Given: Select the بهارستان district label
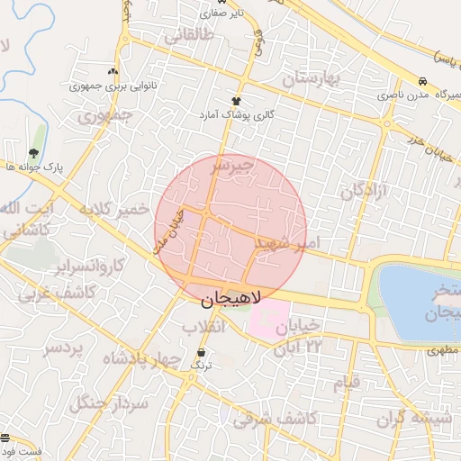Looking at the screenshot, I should click(x=313, y=79).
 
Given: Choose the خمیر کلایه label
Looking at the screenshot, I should click(x=113, y=209).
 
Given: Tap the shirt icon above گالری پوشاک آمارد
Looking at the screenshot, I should click(x=237, y=101).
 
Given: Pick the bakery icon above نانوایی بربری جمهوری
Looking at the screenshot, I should click(x=113, y=72).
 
